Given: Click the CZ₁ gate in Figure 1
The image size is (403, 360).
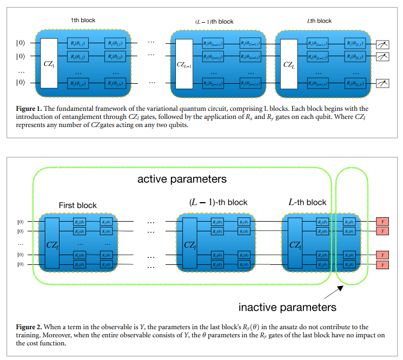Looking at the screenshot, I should pyautogui.click(x=49, y=63).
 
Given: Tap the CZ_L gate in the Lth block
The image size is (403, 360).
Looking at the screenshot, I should pyautogui.click(x=289, y=64).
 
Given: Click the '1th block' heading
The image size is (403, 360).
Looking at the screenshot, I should pyautogui.click(x=83, y=21).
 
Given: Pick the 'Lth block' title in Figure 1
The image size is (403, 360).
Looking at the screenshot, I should pyautogui.click(x=319, y=21).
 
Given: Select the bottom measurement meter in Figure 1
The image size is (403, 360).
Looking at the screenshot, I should pyautogui.click(x=384, y=83).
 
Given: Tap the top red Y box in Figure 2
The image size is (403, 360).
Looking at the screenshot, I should pyautogui.click(x=382, y=222).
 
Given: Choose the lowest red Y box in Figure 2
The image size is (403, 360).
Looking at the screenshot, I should pyautogui.click(x=382, y=265).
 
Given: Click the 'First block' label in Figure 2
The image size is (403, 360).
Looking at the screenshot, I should pyautogui.click(x=77, y=205).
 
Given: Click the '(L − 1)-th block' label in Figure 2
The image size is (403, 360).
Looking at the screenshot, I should pyautogui.click(x=218, y=202).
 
